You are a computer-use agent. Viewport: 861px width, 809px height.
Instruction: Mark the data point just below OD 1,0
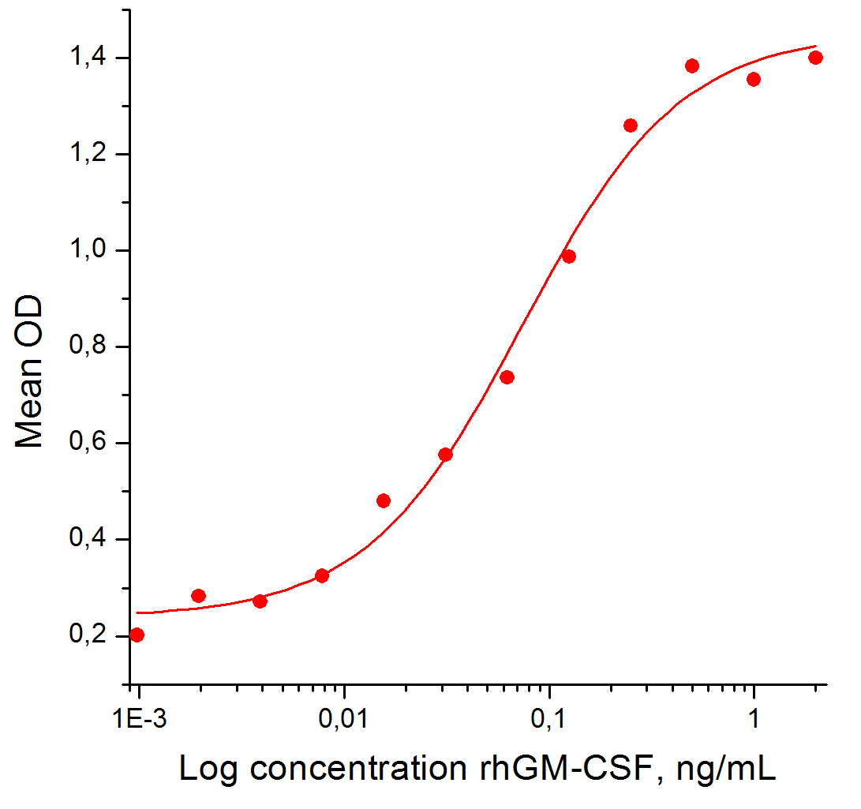pyautogui.click(x=568, y=257)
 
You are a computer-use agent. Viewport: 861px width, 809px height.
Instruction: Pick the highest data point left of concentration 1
pyautogui.click(x=692, y=66)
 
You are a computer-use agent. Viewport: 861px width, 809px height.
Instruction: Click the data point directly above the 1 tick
pyautogui.click(x=754, y=79)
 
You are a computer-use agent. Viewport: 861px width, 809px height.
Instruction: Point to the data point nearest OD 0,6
pyautogui.click(x=445, y=455)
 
